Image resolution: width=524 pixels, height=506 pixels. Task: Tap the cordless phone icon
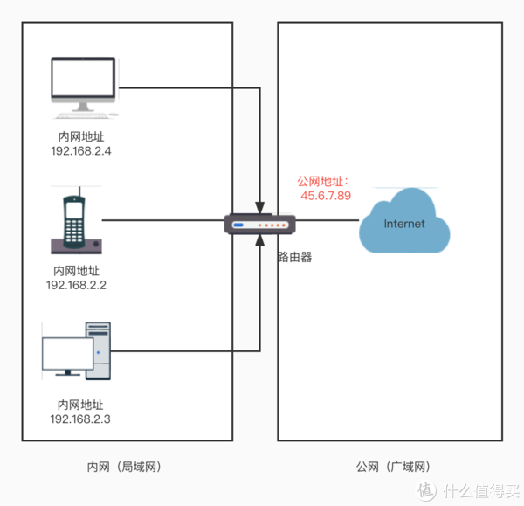(77, 223)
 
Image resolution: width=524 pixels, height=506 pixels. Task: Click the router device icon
(259, 223)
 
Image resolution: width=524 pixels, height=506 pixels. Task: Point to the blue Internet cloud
(404, 225)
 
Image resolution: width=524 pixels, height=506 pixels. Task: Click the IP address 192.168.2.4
(83, 151)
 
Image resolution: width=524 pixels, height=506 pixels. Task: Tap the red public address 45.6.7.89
(326, 196)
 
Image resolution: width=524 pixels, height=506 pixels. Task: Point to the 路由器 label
(294, 257)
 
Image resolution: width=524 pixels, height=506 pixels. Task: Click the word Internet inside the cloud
(404, 224)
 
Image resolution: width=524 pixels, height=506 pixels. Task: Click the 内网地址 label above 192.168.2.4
(81, 137)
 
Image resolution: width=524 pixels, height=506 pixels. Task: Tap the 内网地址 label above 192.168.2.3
(80, 405)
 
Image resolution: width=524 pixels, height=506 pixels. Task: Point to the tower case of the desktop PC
(99, 350)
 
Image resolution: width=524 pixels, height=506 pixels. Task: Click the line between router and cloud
(327, 220)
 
